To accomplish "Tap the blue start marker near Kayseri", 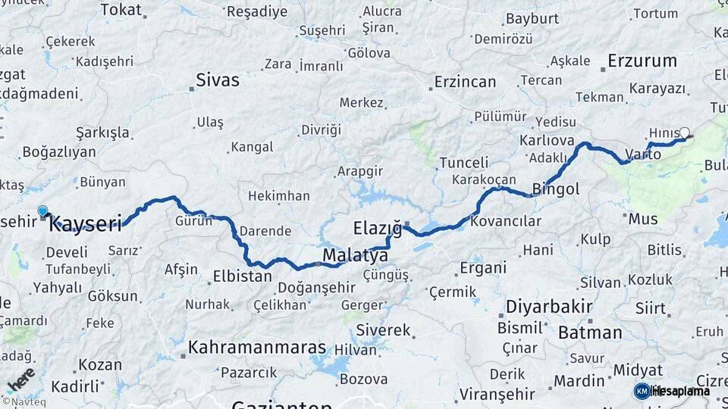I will [x=42, y=212].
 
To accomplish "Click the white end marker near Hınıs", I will [x=685, y=133].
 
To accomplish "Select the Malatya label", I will [x=356, y=256].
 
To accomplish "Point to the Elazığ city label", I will [x=376, y=226].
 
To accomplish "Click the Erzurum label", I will [x=642, y=61].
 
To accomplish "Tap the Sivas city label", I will [x=217, y=80].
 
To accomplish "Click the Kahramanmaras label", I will [x=257, y=348].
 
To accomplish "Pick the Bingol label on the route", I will [x=555, y=189].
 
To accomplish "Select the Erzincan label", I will [x=465, y=82].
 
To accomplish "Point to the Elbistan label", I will [x=242, y=276].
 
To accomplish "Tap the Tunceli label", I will [x=463, y=162].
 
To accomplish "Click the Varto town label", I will [x=643, y=155].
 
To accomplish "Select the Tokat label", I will [x=121, y=10].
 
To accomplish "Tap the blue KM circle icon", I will [x=642, y=391].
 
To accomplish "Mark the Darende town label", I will [x=265, y=231].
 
